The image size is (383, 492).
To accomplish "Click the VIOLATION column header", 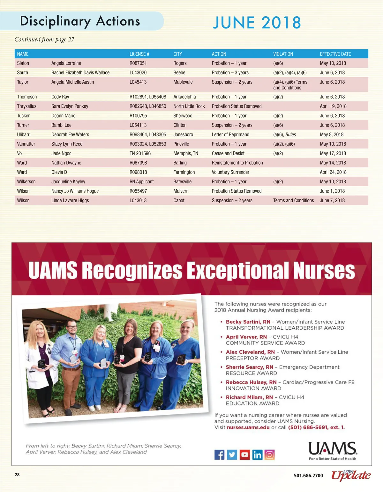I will [283, 54].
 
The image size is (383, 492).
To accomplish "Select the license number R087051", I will [138, 63].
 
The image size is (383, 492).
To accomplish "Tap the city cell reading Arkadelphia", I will [184, 97].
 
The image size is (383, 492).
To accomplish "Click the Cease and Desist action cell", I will [228, 153].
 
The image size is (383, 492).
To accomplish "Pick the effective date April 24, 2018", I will [333, 172].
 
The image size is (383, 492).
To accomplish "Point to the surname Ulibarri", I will [24, 135].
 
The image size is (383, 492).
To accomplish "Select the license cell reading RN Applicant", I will [141, 181].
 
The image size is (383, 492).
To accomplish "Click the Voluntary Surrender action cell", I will [230, 172].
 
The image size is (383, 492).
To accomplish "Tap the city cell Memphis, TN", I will [186, 153].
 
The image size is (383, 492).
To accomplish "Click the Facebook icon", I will [219, 455].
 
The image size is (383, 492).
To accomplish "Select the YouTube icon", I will [244, 455].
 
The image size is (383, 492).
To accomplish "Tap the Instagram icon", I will [269, 455].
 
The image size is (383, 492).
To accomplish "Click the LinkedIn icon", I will [257, 455].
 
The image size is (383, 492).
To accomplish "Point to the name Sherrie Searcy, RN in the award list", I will [249, 367].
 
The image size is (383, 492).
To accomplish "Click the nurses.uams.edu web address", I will [248, 427].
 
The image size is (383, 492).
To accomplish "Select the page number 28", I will [17, 475].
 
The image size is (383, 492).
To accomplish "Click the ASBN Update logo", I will [350, 475].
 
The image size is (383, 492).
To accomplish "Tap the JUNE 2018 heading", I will [257, 23].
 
